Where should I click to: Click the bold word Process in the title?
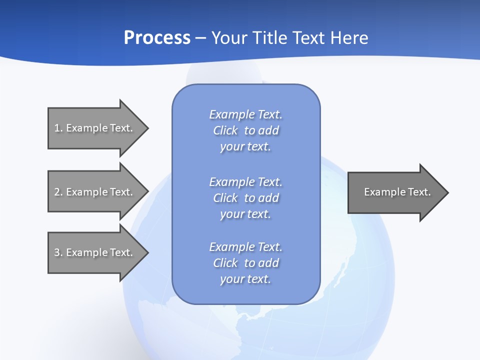coord(157,38)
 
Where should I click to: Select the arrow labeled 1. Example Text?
coord(95,128)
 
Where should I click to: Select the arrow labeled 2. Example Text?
coord(95,192)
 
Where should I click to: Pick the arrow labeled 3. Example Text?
coord(95,252)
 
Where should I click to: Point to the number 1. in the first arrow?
coord(58,128)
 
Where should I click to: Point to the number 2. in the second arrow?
coord(58,192)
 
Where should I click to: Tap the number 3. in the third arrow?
coord(58,252)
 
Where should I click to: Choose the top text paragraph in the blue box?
coord(245,130)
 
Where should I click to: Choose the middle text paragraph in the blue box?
coord(245,198)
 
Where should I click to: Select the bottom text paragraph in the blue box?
coord(245,263)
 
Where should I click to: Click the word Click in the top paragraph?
coord(225,131)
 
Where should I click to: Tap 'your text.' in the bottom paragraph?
coord(245,279)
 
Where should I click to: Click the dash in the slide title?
coord(201,38)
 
